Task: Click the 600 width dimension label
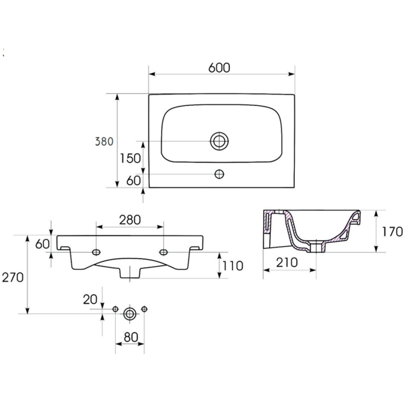click(219, 68)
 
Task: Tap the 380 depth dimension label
click(104, 142)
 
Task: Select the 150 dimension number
click(130, 158)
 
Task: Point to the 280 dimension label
click(130, 220)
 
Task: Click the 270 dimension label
click(13, 278)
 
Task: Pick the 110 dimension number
click(233, 266)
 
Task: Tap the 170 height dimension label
click(392, 232)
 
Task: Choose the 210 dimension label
click(287, 263)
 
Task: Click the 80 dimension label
click(131, 337)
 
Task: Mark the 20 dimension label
click(90, 300)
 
